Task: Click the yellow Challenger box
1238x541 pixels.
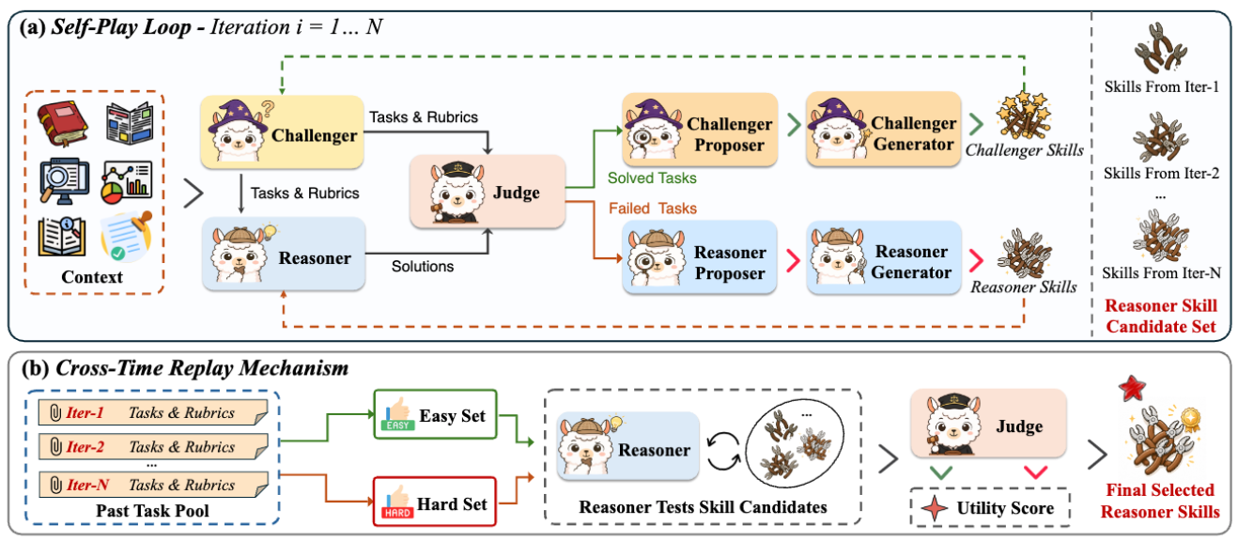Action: click(282, 135)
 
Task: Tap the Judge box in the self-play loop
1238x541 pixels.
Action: click(487, 193)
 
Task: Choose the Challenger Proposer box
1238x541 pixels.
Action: click(699, 134)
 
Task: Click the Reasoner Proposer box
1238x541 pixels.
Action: click(699, 262)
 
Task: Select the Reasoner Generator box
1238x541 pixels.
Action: click(882, 262)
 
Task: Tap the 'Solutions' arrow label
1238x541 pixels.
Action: click(422, 266)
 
